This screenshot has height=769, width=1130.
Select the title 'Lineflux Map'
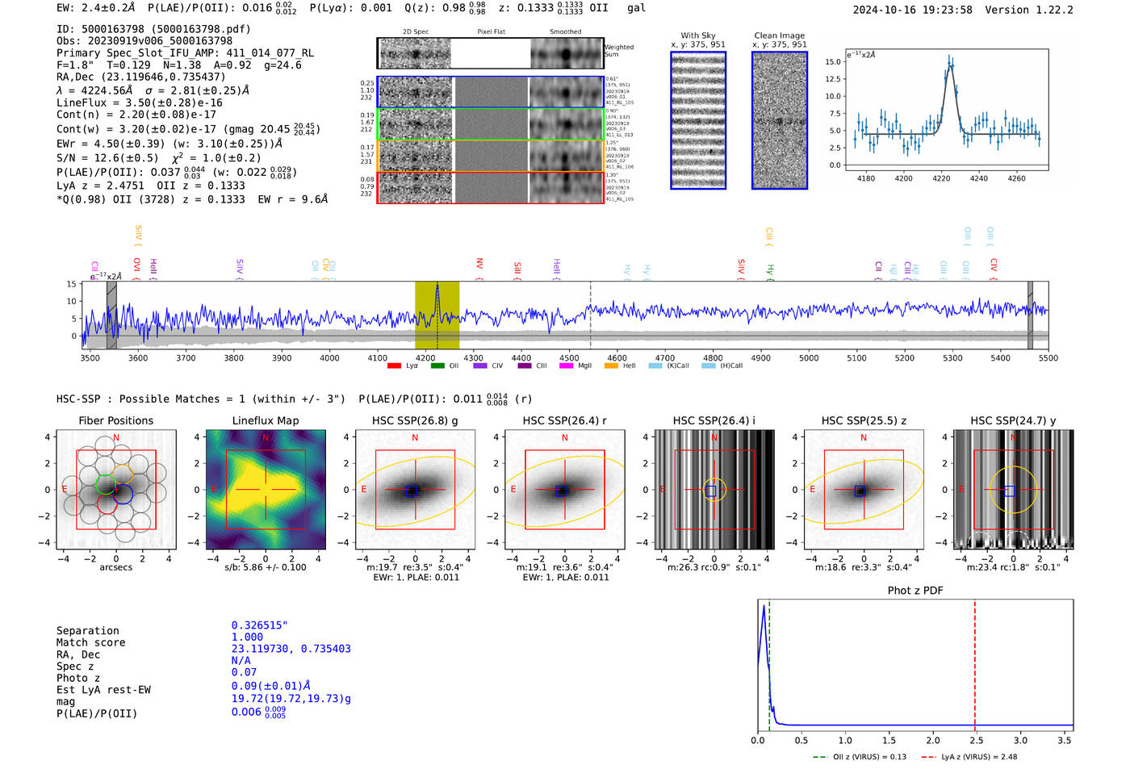(265, 420)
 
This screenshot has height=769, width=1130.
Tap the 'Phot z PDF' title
(915, 591)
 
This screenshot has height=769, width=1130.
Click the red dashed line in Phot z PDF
(974, 662)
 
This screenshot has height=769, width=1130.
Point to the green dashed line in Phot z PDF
(769, 662)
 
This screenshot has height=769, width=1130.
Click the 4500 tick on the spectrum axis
(569, 357)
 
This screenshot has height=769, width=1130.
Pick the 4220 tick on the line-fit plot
(941, 178)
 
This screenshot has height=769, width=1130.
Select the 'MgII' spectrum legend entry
(584, 366)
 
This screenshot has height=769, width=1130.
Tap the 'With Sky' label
(698, 36)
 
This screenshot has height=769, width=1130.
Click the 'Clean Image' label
(779, 36)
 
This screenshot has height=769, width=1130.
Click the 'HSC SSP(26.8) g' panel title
(415, 420)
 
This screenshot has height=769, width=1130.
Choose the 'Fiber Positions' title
(115, 420)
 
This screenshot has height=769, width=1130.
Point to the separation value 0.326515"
(260, 625)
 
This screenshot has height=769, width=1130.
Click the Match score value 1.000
(247, 637)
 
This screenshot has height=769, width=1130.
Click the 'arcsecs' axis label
(115, 567)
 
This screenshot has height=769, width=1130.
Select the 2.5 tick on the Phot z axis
(976, 740)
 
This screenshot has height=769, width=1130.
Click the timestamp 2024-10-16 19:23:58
(912, 10)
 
